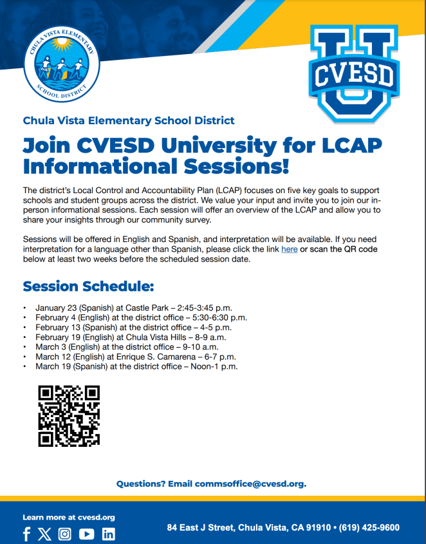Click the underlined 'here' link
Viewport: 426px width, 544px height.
pyautogui.click(x=289, y=249)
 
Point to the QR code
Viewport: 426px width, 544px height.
pyautogui.click(x=69, y=416)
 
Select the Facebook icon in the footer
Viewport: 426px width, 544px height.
pyautogui.click(x=26, y=534)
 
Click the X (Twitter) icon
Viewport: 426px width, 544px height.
pyautogui.click(x=44, y=534)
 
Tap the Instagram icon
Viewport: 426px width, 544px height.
pyautogui.click(x=65, y=534)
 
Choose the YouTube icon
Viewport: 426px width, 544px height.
pyautogui.click(x=86, y=534)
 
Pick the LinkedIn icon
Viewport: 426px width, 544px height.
pyautogui.click(x=108, y=534)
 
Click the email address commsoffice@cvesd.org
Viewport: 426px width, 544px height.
pyautogui.click(x=250, y=483)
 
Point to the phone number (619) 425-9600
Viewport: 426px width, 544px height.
pyautogui.click(x=369, y=527)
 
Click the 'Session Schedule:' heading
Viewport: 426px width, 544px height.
pyautogui.click(x=88, y=286)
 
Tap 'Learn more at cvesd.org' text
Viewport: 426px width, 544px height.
pyautogui.click(x=69, y=517)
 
